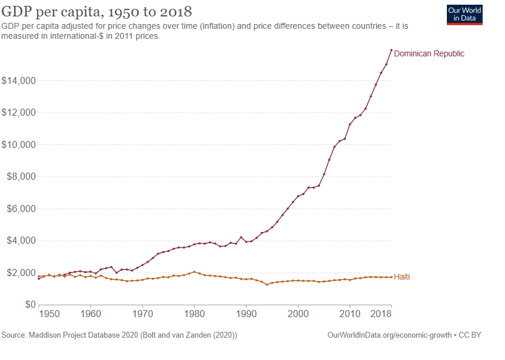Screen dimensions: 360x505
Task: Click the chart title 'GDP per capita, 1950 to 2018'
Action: click(x=97, y=12)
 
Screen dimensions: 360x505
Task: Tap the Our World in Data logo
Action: click(x=464, y=15)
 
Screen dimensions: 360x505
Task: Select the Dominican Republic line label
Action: click(x=429, y=53)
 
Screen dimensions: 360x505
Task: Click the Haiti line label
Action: click(x=402, y=277)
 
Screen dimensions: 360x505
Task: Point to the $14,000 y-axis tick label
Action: click(x=19, y=80)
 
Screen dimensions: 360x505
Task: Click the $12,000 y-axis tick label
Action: click(x=19, y=113)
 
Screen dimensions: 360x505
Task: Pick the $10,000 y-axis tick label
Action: click(x=19, y=145)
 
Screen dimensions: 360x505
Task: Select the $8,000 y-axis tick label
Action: click(x=21, y=177)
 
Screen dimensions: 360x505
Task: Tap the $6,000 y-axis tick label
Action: click(x=21, y=209)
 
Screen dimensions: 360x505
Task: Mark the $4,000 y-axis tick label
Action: click(x=21, y=241)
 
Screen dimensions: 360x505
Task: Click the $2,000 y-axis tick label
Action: click(x=21, y=273)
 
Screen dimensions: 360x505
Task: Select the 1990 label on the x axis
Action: click(x=246, y=314)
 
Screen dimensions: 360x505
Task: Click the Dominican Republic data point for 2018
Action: click(x=391, y=50)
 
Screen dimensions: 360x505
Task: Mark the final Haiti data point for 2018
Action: click(x=391, y=277)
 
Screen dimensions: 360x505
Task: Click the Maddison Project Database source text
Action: click(x=119, y=335)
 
